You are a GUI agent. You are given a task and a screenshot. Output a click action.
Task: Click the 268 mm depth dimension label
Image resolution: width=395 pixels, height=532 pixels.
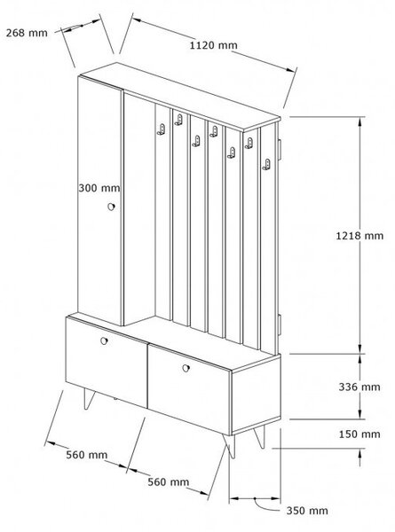tap(27, 33)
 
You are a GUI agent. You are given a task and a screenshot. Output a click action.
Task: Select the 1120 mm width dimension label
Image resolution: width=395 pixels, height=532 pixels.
tap(213, 45)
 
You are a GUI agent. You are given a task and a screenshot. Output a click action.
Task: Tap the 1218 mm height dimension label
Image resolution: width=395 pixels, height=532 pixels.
tap(359, 236)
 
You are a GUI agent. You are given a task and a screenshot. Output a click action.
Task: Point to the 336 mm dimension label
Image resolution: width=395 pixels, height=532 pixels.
tap(359, 387)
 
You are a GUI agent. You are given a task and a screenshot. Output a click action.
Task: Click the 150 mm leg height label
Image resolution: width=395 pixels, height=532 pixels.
tap(359, 434)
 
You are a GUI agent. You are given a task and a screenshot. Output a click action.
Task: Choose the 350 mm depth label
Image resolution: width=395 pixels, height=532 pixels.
tap(307, 511)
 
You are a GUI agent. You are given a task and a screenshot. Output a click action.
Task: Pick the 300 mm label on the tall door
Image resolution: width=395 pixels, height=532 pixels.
tap(99, 188)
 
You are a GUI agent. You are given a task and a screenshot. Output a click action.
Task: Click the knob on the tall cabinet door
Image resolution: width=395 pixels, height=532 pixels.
tap(111, 207)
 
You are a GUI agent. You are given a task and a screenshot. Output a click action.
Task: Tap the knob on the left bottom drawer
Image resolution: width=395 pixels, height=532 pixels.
tap(104, 340)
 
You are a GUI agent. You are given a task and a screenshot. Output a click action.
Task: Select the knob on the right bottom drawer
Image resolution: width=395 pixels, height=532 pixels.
tap(186, 368)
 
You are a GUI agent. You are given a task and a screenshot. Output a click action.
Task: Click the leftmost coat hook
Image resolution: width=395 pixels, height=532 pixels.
tap(161, 129)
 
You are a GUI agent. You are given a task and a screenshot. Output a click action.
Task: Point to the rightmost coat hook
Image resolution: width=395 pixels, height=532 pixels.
tap(266, 164)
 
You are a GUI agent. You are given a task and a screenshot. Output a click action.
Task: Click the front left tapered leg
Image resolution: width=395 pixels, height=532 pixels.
tap(89, 399)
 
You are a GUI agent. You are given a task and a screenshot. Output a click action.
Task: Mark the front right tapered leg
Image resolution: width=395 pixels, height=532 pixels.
tap(230, 445)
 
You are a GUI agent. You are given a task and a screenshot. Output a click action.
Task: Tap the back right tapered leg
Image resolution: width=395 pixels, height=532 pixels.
tap(259, 437)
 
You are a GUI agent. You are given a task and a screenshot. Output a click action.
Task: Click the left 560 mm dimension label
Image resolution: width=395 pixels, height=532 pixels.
tap(87, 455)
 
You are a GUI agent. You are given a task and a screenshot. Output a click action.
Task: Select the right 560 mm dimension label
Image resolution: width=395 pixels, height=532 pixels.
tap(168, 481)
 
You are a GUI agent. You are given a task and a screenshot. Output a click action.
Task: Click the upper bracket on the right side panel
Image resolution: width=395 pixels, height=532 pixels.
tap(280, 149)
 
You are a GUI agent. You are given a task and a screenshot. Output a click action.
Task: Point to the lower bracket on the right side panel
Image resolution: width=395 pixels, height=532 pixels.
tap(280, 325)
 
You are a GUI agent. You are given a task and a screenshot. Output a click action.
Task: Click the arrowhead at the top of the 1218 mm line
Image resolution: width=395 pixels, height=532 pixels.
tap(359, 122)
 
